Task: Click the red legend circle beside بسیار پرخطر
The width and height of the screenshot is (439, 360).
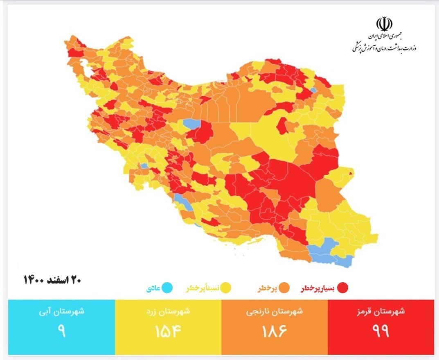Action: click(x=342, y=288)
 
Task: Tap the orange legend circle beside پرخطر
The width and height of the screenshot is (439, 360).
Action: click(x=285, y=288)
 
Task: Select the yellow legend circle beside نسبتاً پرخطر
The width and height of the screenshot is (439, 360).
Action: click(x=226, y=288)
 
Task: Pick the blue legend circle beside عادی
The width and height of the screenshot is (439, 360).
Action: click(x=167, y=288)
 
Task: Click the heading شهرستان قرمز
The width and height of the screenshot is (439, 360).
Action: click(x=380, y=311)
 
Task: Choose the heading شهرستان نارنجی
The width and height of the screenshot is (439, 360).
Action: click(x=275, y=311)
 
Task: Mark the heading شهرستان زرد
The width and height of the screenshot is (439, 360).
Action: click(x=168, y=311)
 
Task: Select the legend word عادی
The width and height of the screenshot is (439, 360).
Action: click(x=153, y=289)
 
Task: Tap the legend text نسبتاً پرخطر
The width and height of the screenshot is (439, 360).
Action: click(x=203, y=289)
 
